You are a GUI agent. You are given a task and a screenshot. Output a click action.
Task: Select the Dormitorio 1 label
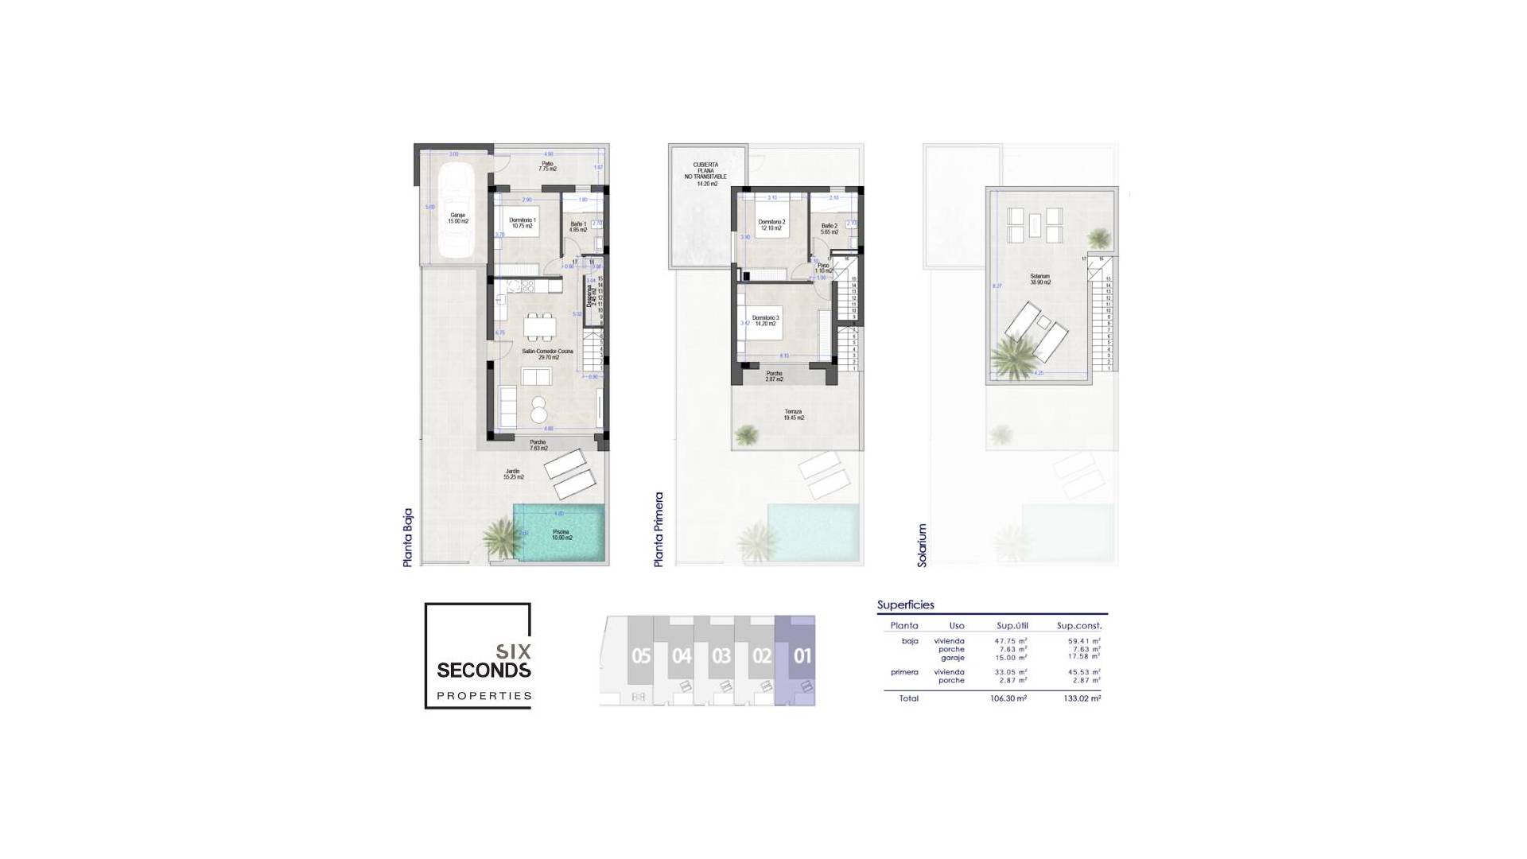(x=523, y=223)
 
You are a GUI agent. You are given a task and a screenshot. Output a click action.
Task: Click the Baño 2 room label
(x=830, y=228)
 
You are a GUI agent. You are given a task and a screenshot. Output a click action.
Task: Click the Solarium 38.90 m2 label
(x=1040, y=279)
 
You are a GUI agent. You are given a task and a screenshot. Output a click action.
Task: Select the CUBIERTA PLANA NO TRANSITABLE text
(x=706, y=174)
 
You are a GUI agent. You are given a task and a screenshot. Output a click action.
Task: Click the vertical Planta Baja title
(x=408, y=537)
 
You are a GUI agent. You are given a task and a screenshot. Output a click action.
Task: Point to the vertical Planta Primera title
(x=659, y=529)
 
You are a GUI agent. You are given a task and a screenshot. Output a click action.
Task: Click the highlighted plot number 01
(x=802, y=656)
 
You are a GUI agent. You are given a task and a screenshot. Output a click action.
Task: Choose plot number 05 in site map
(x=641, y=656)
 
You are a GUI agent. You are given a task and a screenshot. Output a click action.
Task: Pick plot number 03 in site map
(x=721, y=656)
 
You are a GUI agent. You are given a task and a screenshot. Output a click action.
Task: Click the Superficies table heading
(x=906, y=604)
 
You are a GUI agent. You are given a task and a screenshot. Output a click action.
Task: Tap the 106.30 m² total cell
(x=1008, y=698)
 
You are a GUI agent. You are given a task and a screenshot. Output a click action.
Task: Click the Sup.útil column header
(x=1012, y=626)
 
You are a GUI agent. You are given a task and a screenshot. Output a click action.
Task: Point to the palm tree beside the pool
(x=501, y=537)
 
